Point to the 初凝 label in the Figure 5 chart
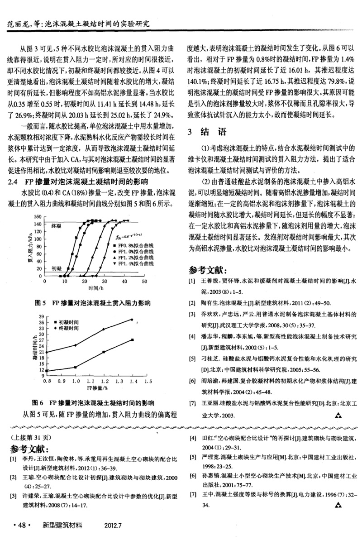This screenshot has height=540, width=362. click(x=56, y=268)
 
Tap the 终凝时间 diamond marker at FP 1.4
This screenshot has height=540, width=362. click(x=132, y=320)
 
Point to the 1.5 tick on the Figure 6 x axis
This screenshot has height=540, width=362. click(x=146, y=382)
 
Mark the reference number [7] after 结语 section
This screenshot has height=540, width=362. click(x=192, y=403)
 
